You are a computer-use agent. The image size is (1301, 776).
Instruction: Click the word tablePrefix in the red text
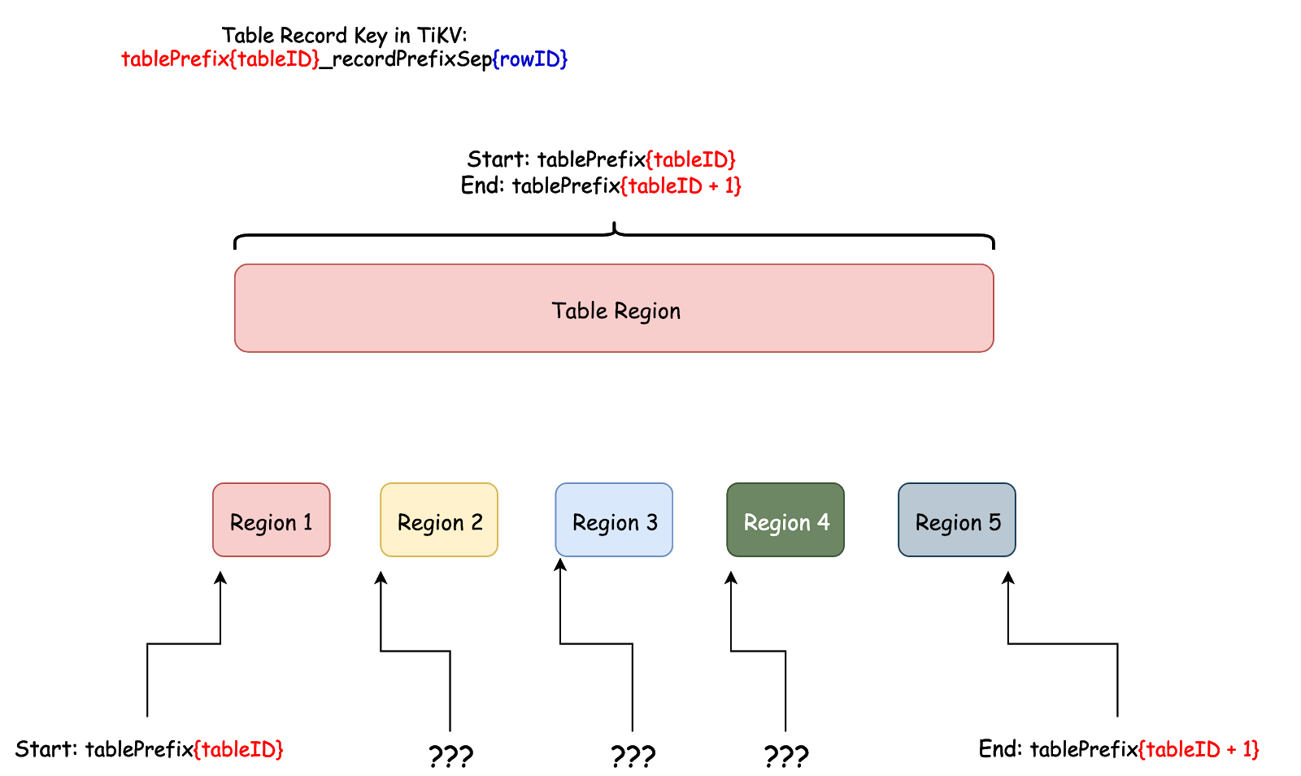point(175,59)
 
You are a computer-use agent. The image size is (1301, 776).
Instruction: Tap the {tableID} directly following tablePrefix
point(275,59)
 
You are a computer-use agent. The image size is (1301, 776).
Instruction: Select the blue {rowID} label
point(530,59)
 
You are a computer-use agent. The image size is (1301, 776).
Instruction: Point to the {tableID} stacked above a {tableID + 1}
point(690,159)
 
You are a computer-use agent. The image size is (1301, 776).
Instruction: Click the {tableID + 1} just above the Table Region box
point(681,185)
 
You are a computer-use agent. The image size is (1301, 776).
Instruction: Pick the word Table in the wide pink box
point(580,311)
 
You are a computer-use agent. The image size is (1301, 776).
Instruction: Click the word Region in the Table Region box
point(647,311)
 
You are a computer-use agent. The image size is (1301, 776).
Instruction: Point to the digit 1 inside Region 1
point(308,522)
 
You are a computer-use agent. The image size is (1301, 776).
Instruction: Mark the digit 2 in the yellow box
point(477,522)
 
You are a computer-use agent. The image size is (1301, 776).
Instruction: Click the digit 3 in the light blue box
point(652,522)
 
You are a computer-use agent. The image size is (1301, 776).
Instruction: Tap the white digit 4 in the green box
point(824,522)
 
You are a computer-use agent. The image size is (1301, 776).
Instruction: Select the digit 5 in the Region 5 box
point(995,522)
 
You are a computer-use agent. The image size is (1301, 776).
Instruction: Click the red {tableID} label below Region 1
point(238,749)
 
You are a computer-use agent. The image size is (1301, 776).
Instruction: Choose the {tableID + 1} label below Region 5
point(1199,749)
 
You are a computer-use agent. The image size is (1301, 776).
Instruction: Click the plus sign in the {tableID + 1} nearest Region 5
point(1232,750)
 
